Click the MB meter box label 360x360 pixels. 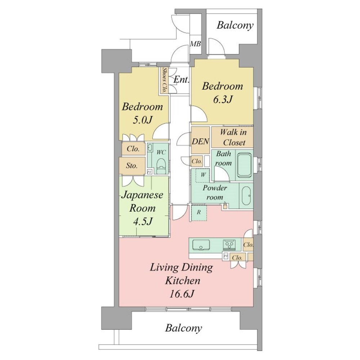click(x=195, y=44)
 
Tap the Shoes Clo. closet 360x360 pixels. click(x=164, y=80)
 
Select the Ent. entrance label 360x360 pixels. click(x=181, y=80)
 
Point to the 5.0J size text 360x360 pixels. click(x=143, y=120)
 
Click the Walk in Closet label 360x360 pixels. click(x=233, y=137)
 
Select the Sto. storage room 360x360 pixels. click(x=132, y=166)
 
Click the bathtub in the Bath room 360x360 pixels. click(x=244, y=165)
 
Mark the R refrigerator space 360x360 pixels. click(x=199, y=213)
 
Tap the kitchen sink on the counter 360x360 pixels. click(x=201, y=245)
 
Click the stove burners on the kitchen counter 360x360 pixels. click(x=229, y=245)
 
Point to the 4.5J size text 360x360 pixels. click(x=143, y=221)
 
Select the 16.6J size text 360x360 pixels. click(x=182, y=294)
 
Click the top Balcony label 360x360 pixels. click(x=235, y=25)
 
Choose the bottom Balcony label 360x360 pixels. click(x=184, y=328)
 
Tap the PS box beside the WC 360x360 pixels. click(x=149, y=172)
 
